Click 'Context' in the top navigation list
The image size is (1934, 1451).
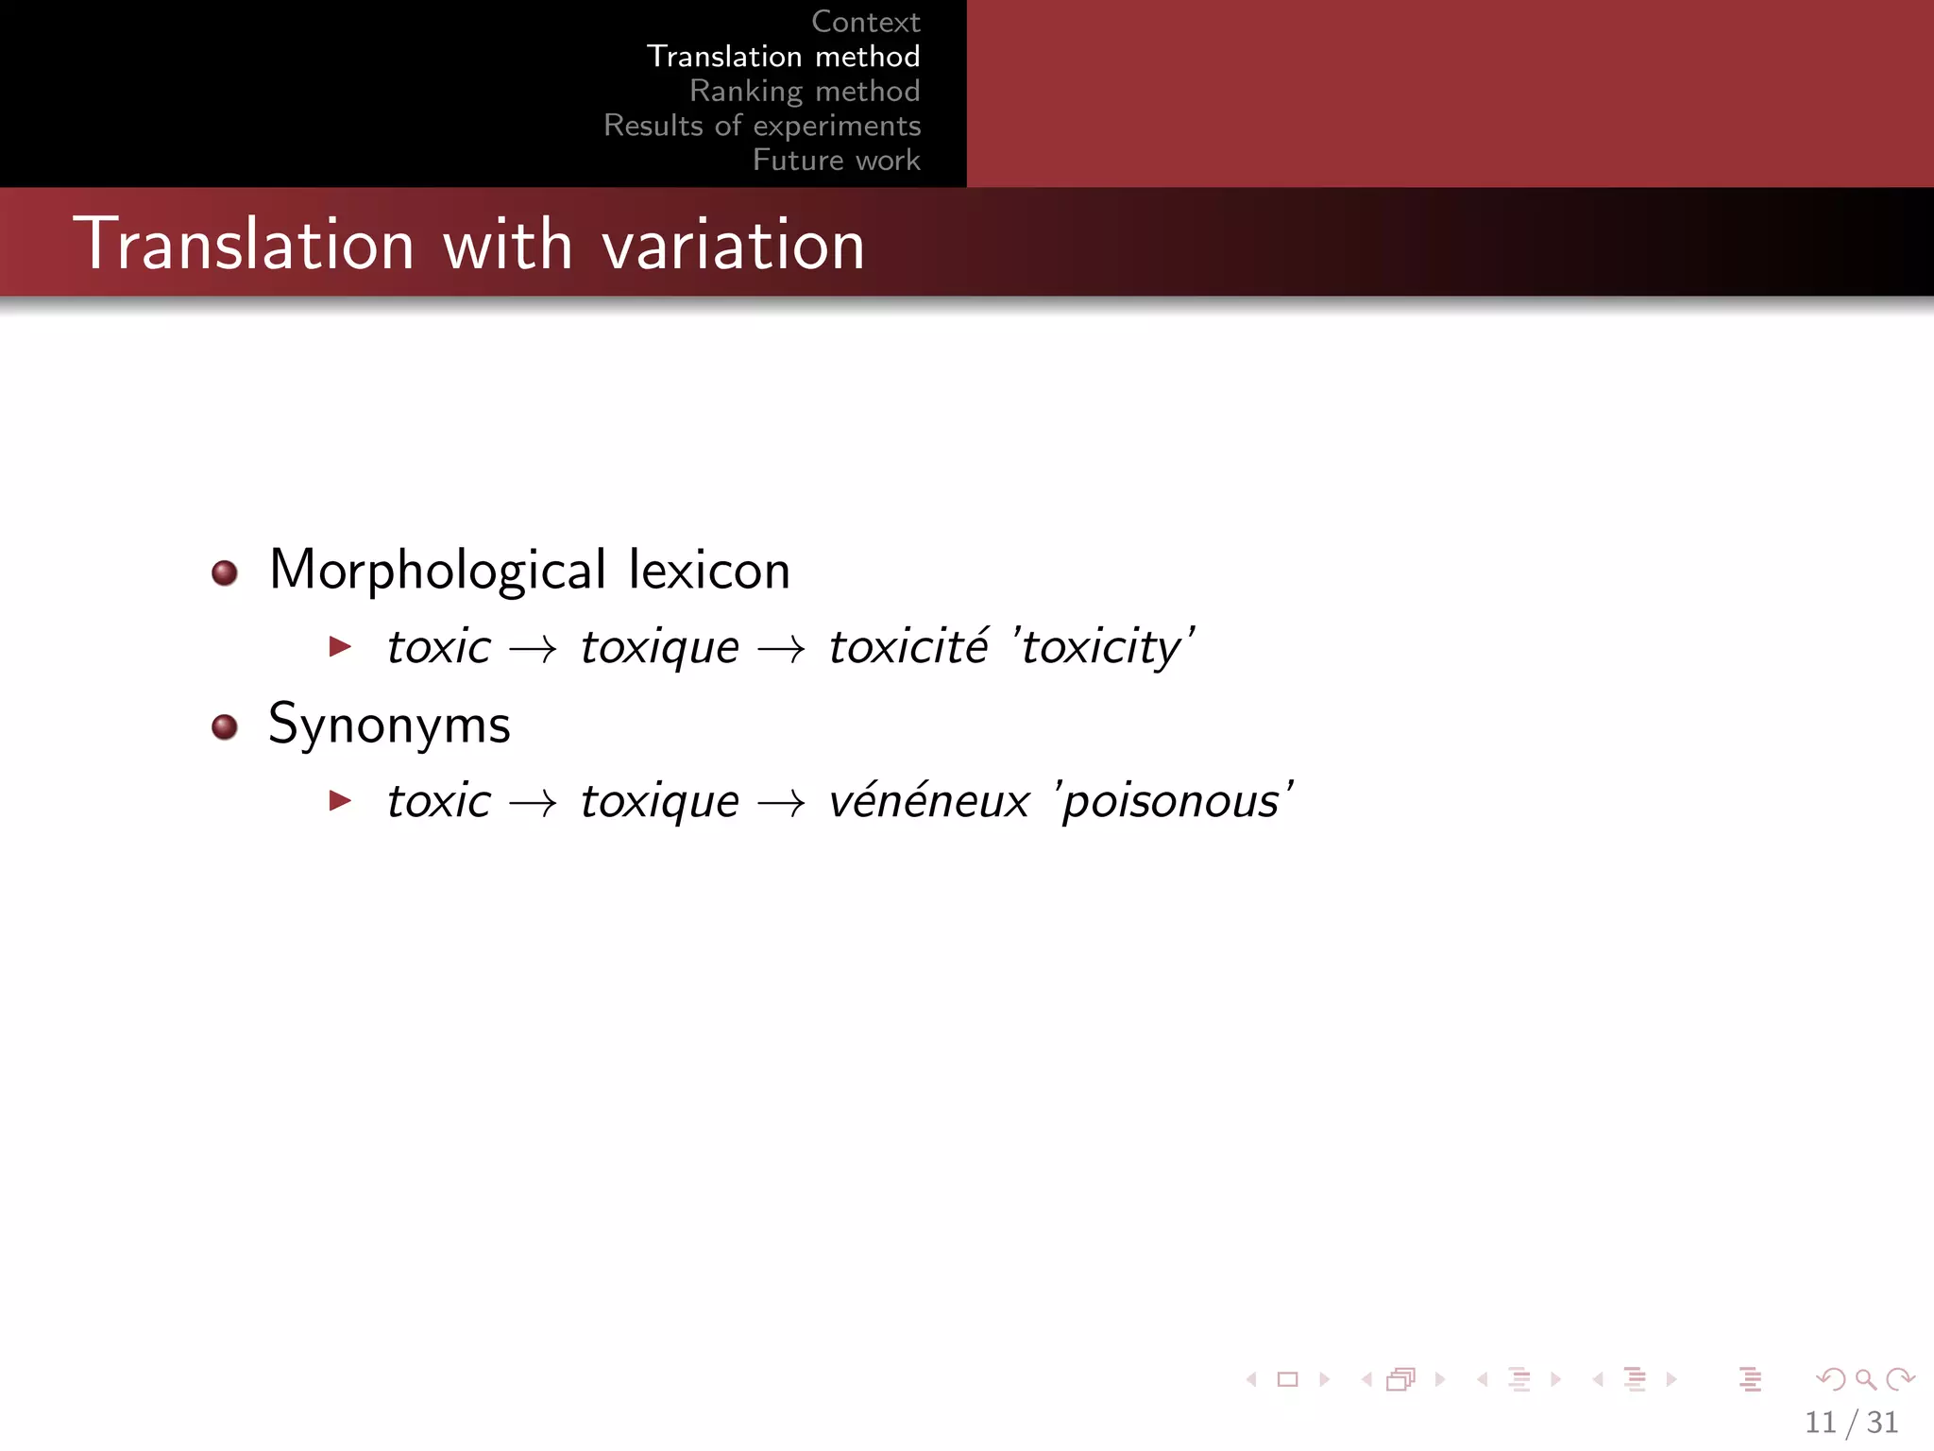pyautogui.click(x=865, y=22)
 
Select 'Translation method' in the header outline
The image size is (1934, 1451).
pyautogui.click(x=783, y=57)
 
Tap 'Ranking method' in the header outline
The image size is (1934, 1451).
pyautogui.click(x=804, y=91)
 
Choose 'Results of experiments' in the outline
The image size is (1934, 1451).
pyautogui.click(x=762, y=126)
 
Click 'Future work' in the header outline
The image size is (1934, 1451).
pyautogui.click(x=836, y=160)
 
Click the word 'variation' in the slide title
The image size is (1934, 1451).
pyautogui.click(x=733, y=245)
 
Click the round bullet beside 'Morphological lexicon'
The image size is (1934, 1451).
pyautogui.click(x=225, y=572)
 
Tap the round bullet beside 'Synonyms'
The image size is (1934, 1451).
pyautogui.click(x=225, y=726)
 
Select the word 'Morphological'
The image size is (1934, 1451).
pyautogui.click(x=437, y=571)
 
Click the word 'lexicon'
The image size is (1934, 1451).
pyautogui.click(x=708, y=571)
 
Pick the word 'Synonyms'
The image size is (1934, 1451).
pyautogui.click(x=389, y=725)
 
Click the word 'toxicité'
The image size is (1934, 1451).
pyautogui.click(x=908, y=647)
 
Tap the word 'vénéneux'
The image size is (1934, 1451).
pyautogui.click(x=928, y=802)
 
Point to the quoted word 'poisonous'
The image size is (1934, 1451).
pyautogui.click(x=1172, y=802)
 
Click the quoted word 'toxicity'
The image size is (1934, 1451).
pyautogui.click(x=1101, y=648)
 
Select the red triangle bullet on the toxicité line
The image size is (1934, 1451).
pyautogui.click(x=340, y=647)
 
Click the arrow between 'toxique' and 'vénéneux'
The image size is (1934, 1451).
pyautogui.click(x=782, y=804)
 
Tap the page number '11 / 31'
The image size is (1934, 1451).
pyautogui.click(x=1851, y=1422)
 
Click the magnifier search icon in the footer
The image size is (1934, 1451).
pyautogui.click(x=1865, y=1379)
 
